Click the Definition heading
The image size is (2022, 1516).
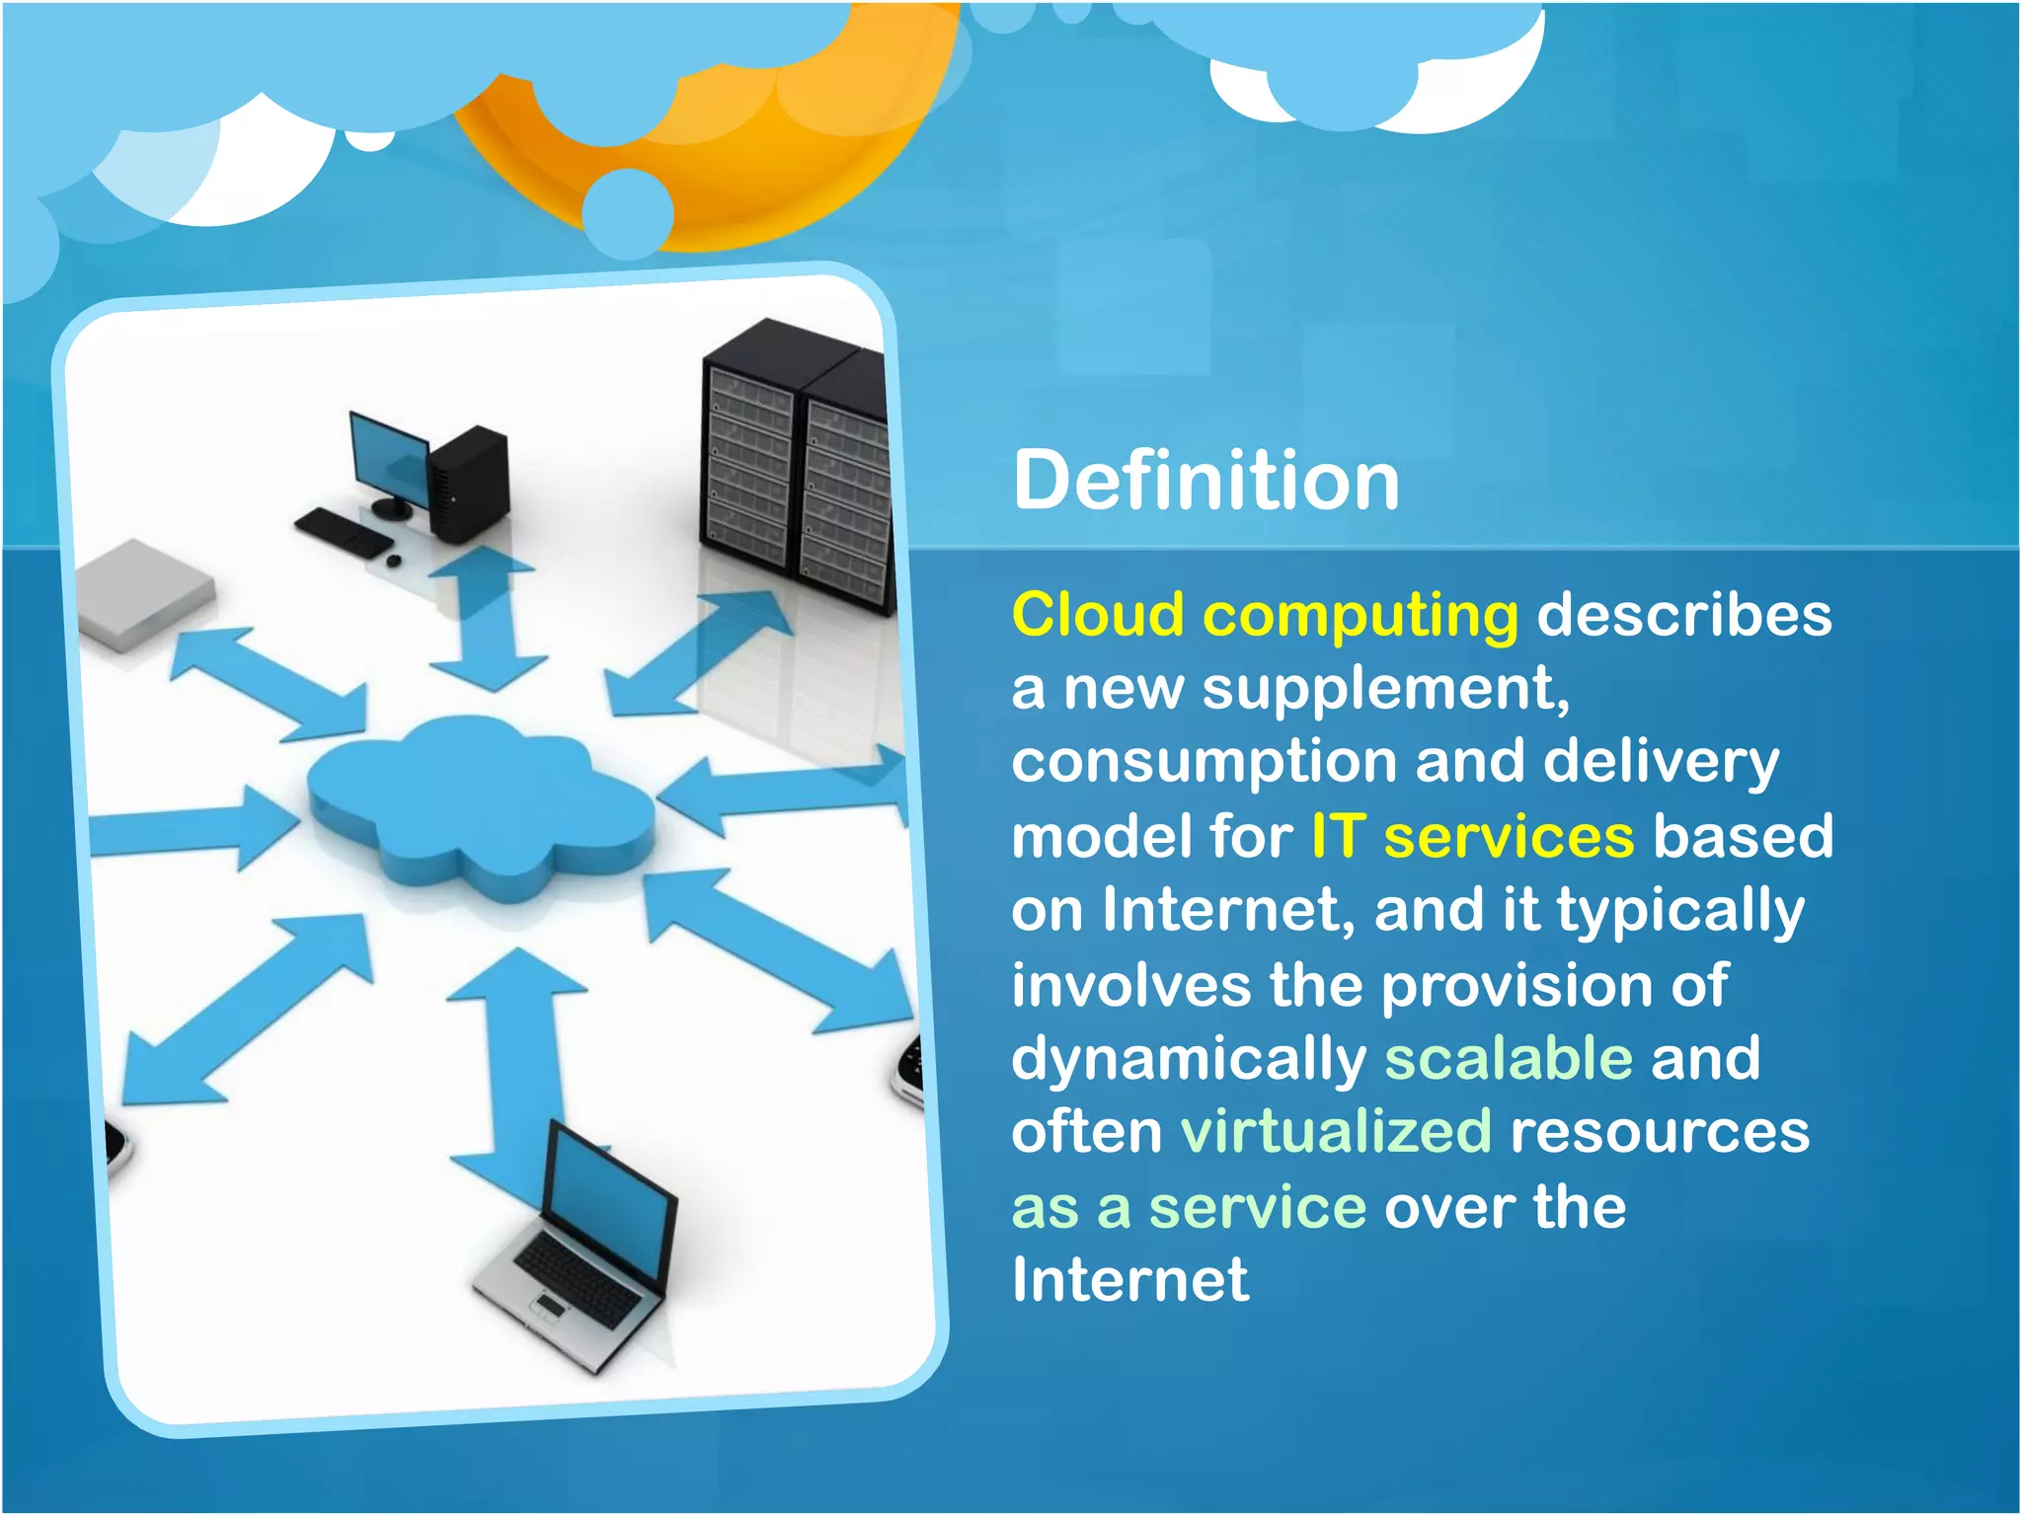pos(1205,481)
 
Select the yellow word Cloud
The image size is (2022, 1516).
pos(1098,615)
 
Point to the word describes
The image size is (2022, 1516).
pos(1683,615)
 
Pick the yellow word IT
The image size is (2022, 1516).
pos(1338,836)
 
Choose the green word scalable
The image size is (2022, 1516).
pos(1508,1058)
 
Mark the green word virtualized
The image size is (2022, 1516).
pos(1336,1131)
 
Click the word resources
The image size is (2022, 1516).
pos(1660,1133)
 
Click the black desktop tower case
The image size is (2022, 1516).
pos(469,484)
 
